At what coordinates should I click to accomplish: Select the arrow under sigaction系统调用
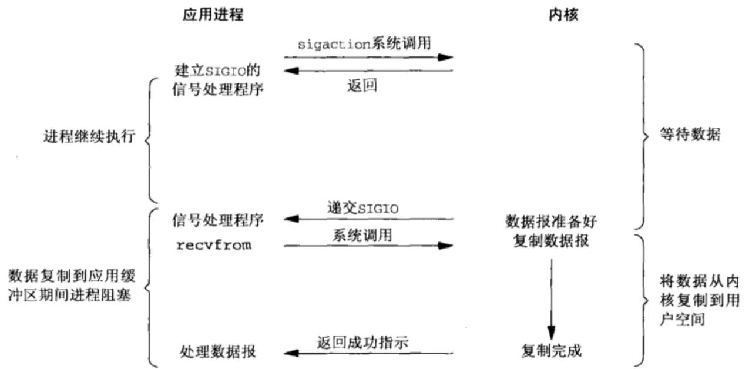(368, 58)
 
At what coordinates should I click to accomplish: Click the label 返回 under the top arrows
(362, 86)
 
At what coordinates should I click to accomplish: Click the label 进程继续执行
(90, 137)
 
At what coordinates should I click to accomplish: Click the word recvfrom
(213, 245)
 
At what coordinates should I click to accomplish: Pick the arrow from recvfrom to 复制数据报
(368, 246)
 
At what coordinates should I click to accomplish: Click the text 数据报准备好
(551, 222)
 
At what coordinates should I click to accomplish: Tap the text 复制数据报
(551, 240)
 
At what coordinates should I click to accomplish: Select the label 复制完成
(551, 351)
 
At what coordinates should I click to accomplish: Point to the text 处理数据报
(217, 351)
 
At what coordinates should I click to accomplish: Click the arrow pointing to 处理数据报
(368, 353)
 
